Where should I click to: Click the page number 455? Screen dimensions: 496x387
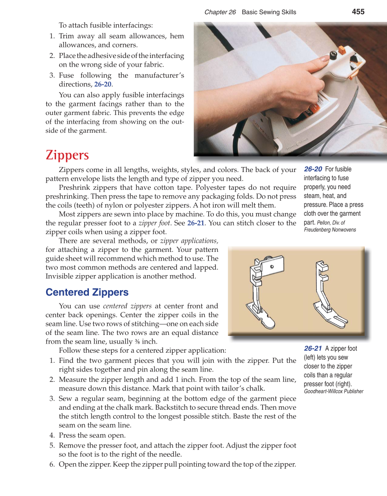coord(358,12)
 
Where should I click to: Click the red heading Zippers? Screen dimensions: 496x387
coord(67,155)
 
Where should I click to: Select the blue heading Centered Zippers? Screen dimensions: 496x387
coord(87,292)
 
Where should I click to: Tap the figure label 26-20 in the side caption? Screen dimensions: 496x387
coord(314,169)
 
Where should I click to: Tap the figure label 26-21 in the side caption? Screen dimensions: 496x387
coord(314,349)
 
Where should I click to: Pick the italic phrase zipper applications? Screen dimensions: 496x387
coord(189,240)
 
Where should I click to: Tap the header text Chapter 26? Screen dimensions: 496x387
coord(220,12)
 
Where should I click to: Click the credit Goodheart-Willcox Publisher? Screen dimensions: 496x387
coord(333,391)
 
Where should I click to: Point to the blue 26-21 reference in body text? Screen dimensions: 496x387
coord(196,223)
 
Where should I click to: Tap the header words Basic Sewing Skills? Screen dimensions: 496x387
coord(268,12)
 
